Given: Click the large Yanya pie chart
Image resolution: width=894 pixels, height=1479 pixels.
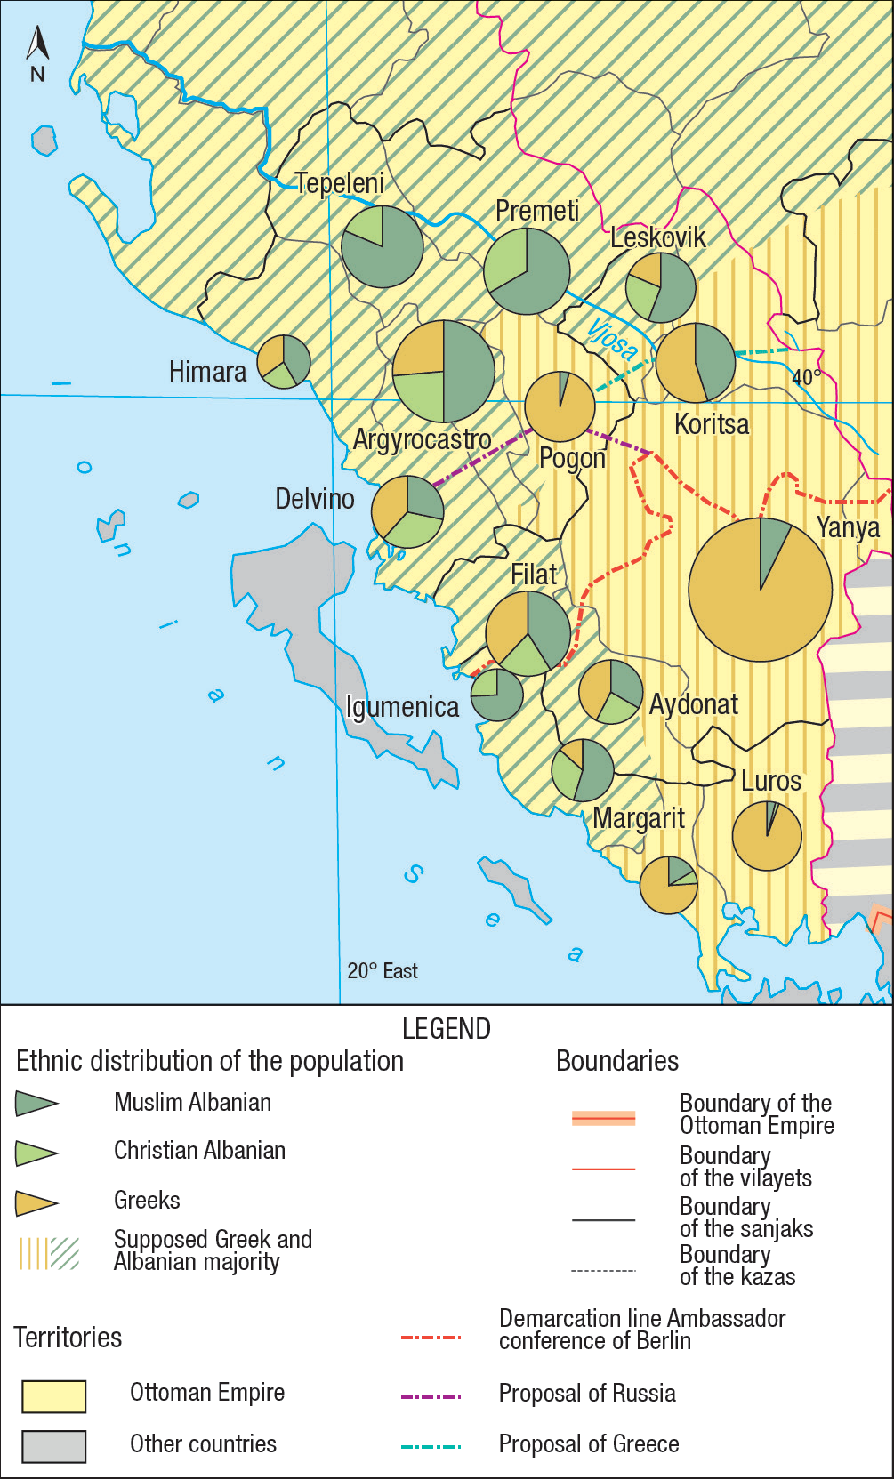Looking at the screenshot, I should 761,590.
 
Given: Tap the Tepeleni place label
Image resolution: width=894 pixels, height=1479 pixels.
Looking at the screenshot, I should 340,183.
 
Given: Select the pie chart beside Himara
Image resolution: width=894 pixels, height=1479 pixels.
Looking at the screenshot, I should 284,361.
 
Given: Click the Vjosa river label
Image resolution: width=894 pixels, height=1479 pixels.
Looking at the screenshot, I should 612,339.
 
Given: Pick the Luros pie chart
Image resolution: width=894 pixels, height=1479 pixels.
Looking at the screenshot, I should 767,835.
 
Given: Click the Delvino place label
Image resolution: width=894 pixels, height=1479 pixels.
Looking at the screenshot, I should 314,499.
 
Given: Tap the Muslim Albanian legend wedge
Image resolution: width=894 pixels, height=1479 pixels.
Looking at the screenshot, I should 36,1104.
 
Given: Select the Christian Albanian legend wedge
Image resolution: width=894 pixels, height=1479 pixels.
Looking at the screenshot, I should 36,1153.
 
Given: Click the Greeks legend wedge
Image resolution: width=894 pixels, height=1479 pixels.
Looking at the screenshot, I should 36,1203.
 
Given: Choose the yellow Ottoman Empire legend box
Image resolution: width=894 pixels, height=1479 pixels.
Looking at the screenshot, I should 54,1396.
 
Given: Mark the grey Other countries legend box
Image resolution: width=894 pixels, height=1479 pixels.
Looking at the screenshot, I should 54,1446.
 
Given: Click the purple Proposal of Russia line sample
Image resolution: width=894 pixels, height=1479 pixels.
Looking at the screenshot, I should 431,1395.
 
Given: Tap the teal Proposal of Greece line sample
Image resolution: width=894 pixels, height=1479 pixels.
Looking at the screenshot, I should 431,1447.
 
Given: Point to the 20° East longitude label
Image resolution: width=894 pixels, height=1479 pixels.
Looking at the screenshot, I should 383,971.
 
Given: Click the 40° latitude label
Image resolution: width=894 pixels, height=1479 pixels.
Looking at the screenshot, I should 806,377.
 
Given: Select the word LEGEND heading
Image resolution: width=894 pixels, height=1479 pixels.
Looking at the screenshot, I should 447,1029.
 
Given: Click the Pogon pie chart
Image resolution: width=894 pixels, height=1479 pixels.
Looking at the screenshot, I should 560,406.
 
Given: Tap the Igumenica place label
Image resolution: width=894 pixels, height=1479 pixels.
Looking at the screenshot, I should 402,707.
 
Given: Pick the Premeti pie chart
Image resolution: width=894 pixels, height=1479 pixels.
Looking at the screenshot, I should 527,271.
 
